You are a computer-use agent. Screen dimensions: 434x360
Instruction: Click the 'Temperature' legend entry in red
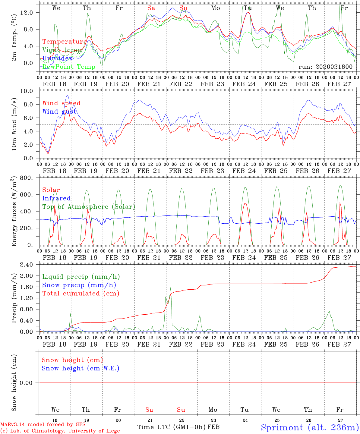click(x=65, y=42)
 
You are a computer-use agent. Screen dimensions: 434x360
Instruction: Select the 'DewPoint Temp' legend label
click(x=69, y=67)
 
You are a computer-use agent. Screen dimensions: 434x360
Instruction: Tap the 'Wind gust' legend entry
click(x=59, y=112)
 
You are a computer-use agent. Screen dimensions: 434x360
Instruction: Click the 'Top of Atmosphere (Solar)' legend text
click(x=89, y=207)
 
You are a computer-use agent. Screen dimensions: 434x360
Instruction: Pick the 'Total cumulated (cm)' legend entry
click(x=81, y=293)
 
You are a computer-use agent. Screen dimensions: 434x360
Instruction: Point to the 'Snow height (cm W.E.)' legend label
click(x=81, y=368)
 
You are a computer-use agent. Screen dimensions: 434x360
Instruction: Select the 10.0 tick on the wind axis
click(x=28, y=91)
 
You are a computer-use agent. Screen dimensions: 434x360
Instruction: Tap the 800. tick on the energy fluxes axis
click(x=27, y=178)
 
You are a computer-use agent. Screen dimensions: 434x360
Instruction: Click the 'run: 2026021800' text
click(x=325, y=67)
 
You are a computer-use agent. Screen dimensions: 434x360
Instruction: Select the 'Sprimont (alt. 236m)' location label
click(x=310, y=427)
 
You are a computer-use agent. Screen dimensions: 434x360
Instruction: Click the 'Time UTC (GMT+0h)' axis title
click(x=172, y=427)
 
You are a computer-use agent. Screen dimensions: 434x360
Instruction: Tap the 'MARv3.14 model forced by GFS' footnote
click(x=43, y=425)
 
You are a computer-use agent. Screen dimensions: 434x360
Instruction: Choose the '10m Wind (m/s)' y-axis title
click(x=14, y=124)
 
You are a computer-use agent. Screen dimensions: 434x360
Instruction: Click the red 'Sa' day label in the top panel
click(x=151, y=8)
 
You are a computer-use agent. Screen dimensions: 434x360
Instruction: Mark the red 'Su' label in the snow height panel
click(x=181, y=410)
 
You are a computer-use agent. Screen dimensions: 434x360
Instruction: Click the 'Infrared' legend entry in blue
click(x=56, y=198)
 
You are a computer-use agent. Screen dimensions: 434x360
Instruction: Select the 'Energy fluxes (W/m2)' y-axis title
click(x=14, y=212)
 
